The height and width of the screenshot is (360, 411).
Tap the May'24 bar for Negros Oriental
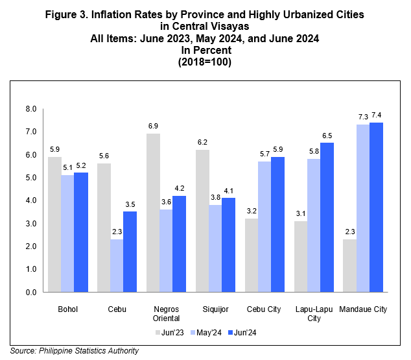pyautogui.click(x=166, y=250)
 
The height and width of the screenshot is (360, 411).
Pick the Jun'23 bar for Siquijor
pyautogui.click(x=202, y=221)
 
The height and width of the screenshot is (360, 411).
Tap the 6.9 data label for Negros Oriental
pyautogui.click(x=153, y=125)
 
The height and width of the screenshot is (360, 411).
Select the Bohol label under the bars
pyautogui.click(x=67, y=309)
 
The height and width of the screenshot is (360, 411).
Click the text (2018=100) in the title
pyautogui.click(x=205, y=63)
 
